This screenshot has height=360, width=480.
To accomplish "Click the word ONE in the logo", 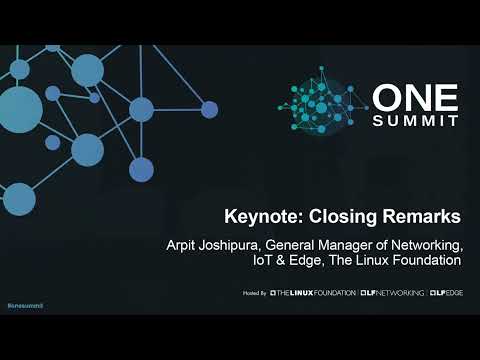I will click(415, 97).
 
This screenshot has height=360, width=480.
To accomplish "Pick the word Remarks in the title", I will click(421, 216).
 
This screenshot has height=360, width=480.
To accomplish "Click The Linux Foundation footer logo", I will click(312, 295).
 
